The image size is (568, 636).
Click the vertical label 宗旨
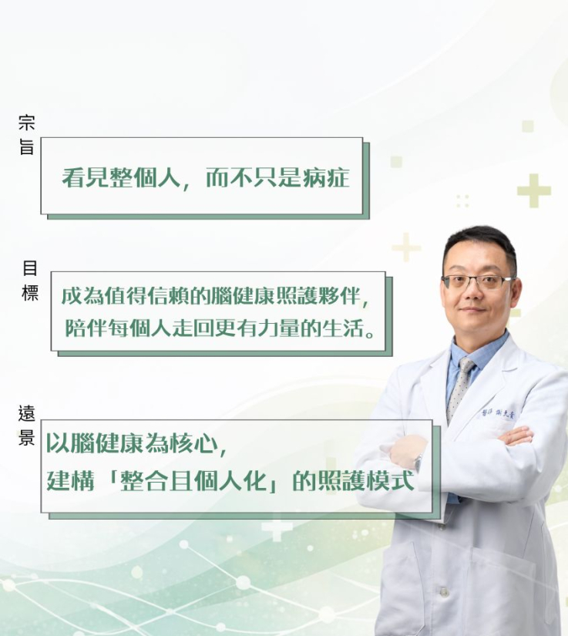click(27, 135)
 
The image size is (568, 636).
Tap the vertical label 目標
click(29, 281)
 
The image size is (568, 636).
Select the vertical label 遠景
click(26, 425)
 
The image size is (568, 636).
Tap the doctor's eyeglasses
click(479, 281)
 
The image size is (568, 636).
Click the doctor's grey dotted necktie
click(460, 389)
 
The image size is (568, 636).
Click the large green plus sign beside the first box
click(533, 190)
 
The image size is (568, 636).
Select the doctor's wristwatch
click(418, 463)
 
